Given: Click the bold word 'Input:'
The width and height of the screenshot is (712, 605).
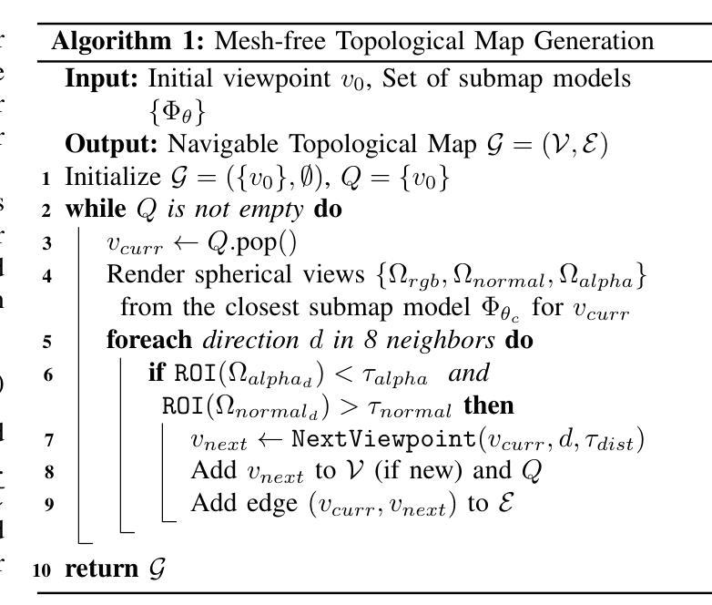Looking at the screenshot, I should click(101, 79).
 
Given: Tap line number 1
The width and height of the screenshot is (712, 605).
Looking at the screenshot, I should click(46, 178).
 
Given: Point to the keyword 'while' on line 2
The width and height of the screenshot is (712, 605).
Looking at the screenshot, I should click(95, 210).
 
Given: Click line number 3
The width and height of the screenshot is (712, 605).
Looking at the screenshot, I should click(46, 243).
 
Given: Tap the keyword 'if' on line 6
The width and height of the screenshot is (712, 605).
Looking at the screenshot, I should click(157, 374).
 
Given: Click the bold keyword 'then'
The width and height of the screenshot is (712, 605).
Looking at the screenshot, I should click(489, 405).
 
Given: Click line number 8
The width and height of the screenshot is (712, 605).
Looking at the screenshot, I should click(46, 472).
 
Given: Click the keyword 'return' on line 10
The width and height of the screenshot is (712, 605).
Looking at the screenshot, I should click(101, 569).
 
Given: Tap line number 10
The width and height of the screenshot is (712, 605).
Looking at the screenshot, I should click(42, 570).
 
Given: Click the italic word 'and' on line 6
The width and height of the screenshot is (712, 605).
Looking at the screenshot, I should click(469, 374).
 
